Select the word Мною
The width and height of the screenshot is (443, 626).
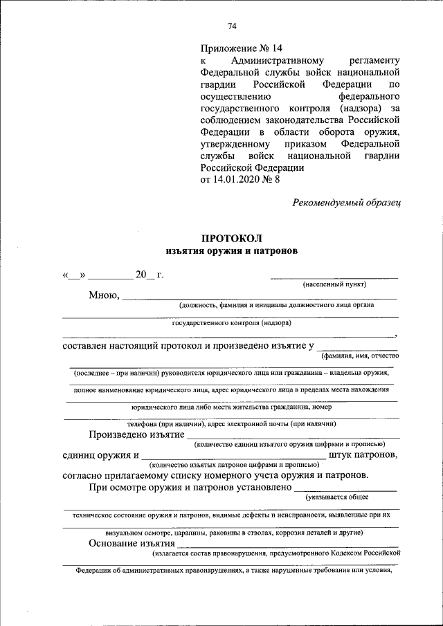coord(104,295)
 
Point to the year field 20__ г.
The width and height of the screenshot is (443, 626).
coord(149,275)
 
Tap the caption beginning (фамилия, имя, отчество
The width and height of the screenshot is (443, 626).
coord(359,356)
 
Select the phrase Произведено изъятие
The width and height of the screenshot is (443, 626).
coord(136,434)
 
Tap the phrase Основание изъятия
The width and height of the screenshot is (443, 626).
coord(131,543)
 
